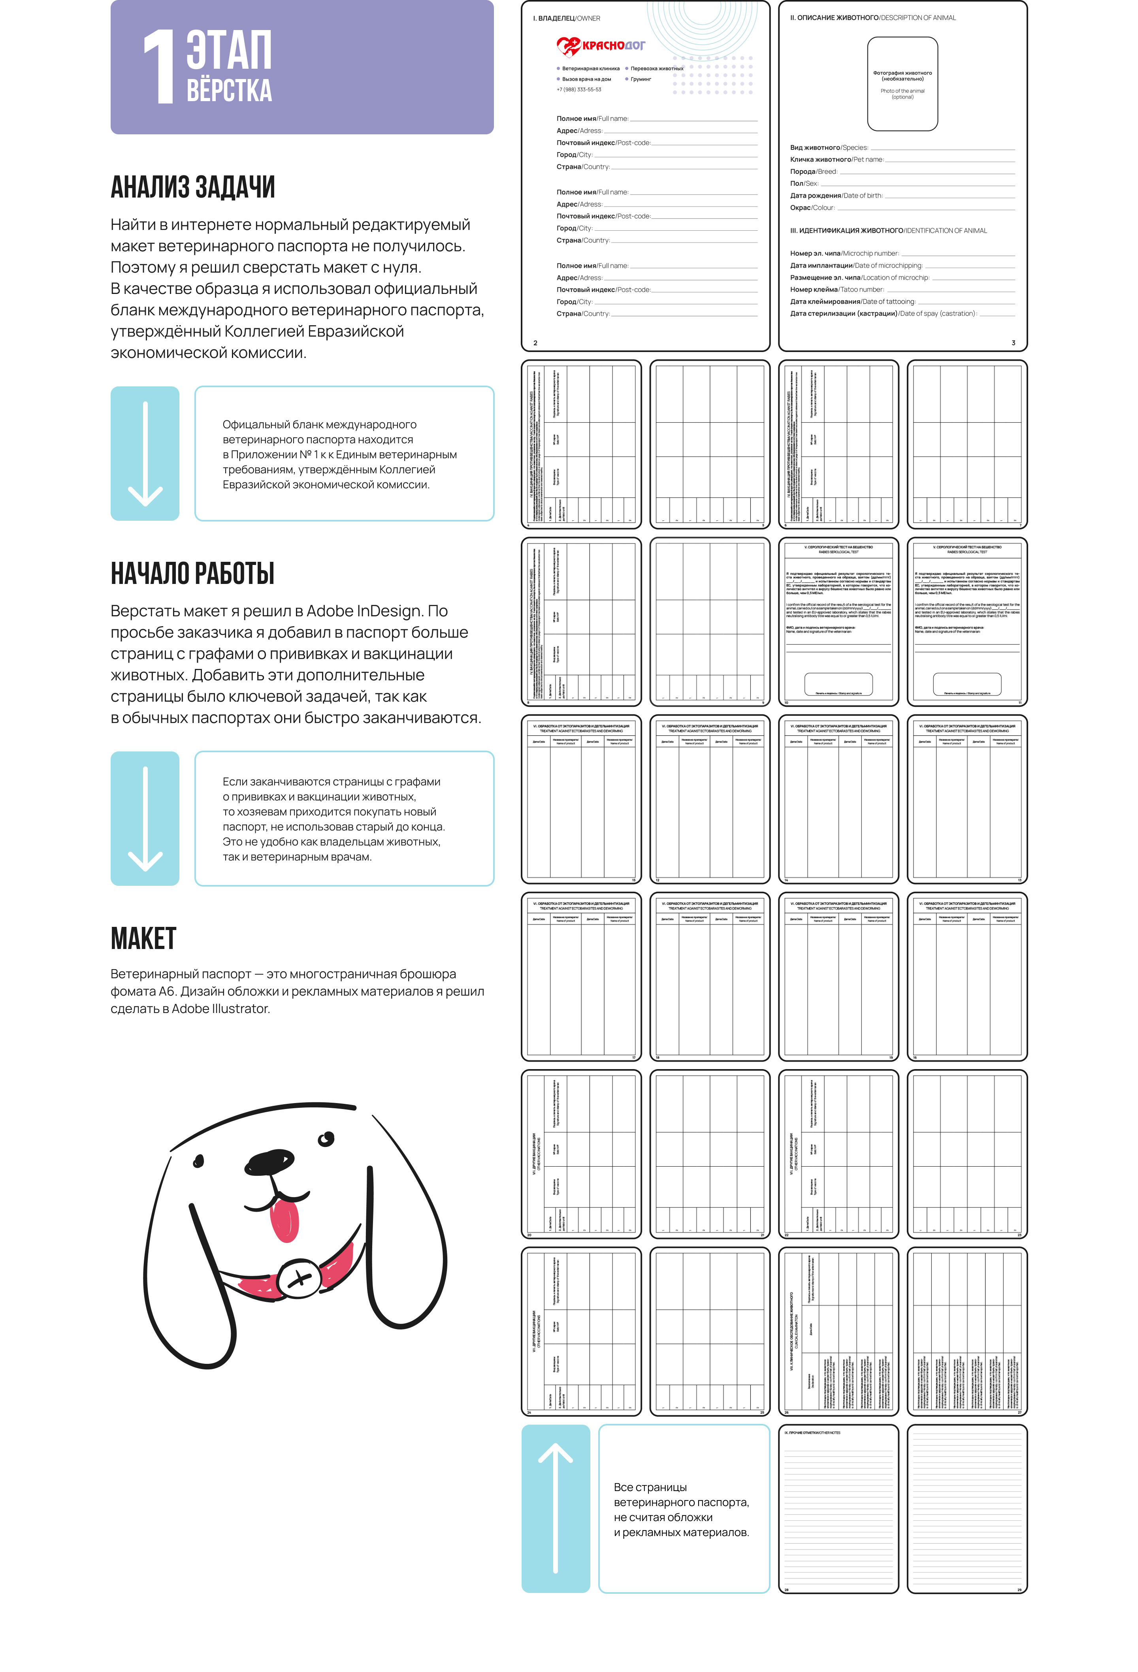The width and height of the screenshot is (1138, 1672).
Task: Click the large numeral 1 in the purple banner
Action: (160, 67)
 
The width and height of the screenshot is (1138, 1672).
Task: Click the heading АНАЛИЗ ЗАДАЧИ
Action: (193, 187)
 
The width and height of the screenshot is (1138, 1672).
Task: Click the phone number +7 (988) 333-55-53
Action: (578, 90)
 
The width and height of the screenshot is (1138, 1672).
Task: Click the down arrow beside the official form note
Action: (145, 453)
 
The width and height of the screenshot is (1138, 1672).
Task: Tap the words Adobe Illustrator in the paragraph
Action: (221, 1009)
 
